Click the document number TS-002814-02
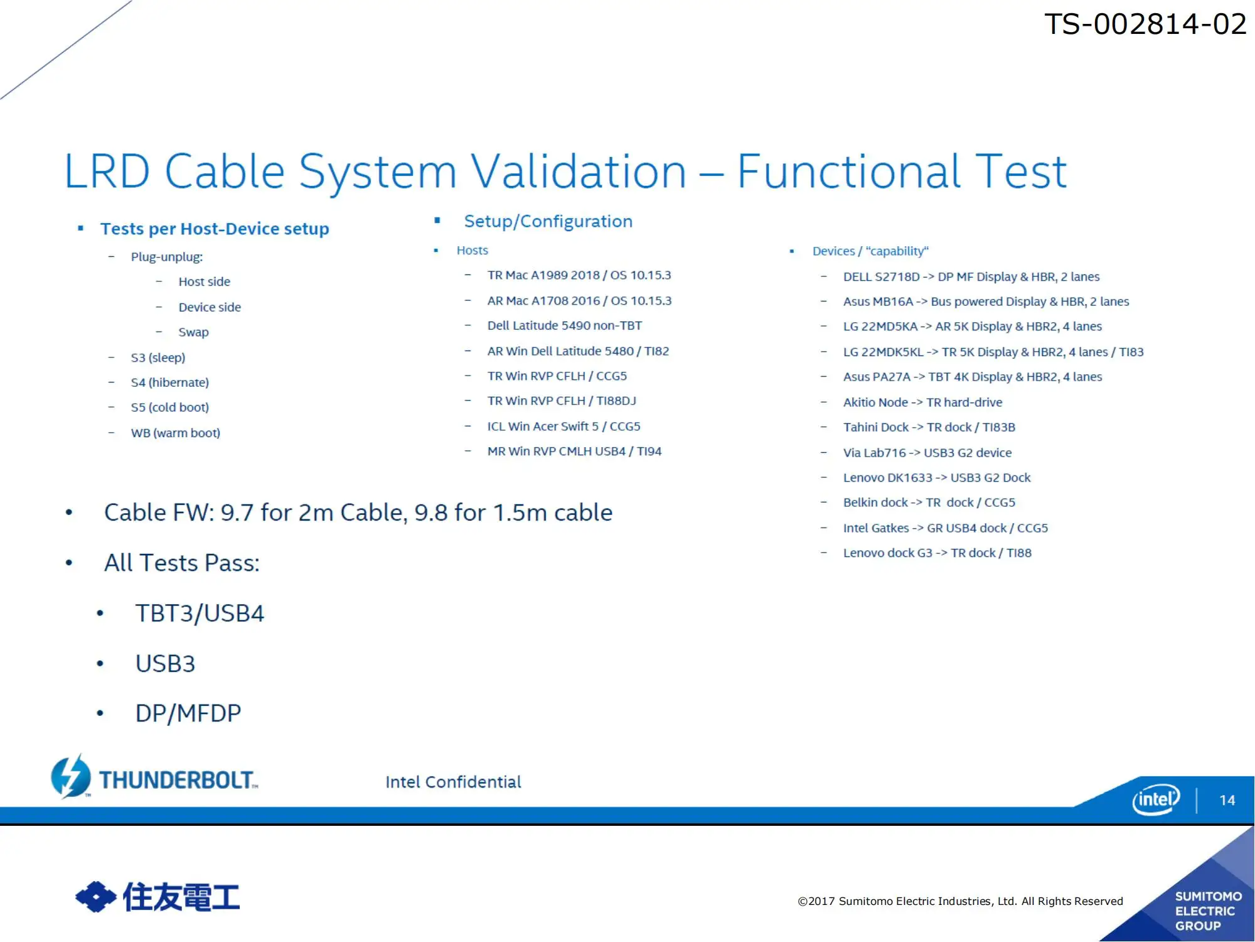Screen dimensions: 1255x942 point(1145,24)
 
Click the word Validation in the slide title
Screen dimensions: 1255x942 point(579,171)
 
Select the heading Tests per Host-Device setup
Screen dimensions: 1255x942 point(215,229)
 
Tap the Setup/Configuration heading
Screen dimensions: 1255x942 point(548,221)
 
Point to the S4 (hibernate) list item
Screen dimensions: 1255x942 point(169,382)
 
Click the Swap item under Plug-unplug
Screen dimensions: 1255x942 point(193,332)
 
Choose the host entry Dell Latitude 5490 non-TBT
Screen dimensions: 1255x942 point(565,325)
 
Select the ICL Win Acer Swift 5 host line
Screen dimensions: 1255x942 point(563,426)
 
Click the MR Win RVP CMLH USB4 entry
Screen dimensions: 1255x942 point(574,452)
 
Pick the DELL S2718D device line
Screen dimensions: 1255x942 point(971,277)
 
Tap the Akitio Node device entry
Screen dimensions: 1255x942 point(922,403)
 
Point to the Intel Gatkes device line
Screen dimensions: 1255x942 point(946,528)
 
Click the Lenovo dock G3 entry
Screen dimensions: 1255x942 point(937,553)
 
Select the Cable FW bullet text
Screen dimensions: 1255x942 point(358,512)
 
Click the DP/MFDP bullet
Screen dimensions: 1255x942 point(188,713)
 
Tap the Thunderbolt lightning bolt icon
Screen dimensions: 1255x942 point(71,776)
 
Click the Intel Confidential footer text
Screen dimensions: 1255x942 point(453,782)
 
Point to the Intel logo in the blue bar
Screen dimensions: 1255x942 point(1156,799)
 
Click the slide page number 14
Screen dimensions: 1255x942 point(1227,800)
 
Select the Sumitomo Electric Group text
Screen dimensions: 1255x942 point(1208,911)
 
